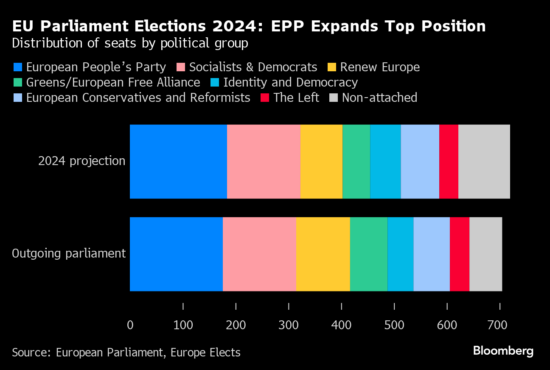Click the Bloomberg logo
pos(503,351)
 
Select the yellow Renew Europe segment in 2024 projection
pos(321,161)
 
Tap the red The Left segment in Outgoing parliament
pos(460,254)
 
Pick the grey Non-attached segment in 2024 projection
pos(484,161)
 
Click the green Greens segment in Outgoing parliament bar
pos(369,254)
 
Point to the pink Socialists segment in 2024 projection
pos(264,161)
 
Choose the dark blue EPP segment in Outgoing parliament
pos(176,254)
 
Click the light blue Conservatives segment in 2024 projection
pos(420,161)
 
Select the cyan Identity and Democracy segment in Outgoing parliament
pos(401,254)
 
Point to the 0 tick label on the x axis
pos(130,325)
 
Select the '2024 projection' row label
pos(82,161)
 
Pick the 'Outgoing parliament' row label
pos(69,254)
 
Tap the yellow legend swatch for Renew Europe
pos(332,67)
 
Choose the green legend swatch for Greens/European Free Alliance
pos(18,83)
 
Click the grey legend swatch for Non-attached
pos(334,98)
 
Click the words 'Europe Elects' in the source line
pos(206,352)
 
